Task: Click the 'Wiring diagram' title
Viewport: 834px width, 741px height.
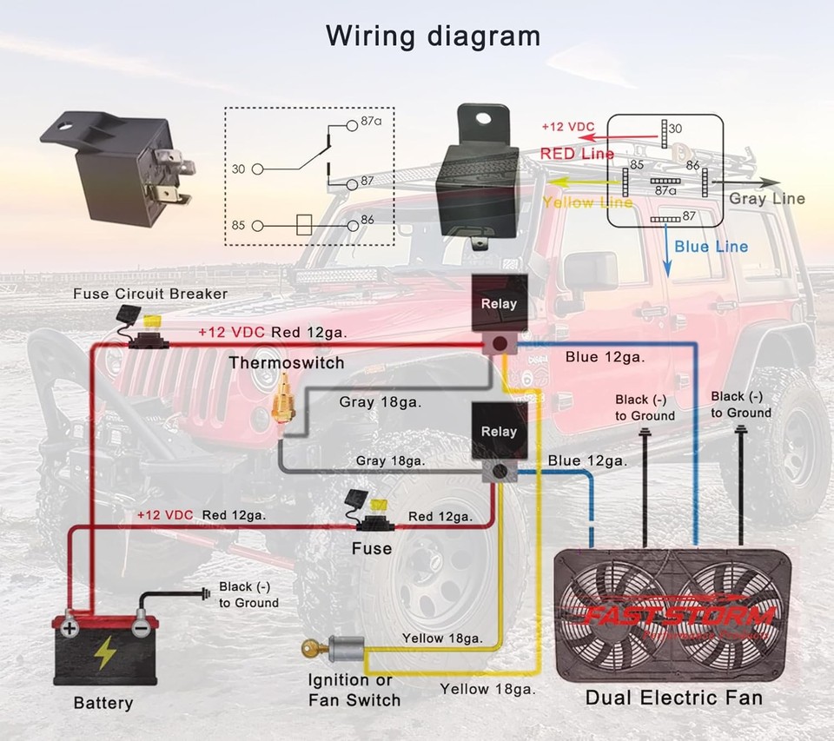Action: [x=433, y=36]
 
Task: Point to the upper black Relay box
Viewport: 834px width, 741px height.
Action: [x=499, y=303]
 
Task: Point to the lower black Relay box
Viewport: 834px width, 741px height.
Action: [x=499, y=431]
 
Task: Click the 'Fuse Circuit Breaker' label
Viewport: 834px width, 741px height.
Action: [x=150, y=294]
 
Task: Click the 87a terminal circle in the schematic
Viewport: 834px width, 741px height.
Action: [x=352, y=124]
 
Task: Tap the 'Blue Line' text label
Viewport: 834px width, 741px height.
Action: [x=711, y=247]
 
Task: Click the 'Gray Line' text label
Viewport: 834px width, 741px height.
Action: [x=766, y=199]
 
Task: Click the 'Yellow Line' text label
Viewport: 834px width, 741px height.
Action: [x=587, y=202]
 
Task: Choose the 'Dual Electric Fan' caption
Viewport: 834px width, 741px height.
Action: [x=673, y=697]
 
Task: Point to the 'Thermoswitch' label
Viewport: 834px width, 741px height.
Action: [x=287, y=362]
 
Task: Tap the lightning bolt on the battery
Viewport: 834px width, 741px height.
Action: [x=106, y=652]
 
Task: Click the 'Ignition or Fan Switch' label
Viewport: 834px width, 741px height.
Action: [x=354, y=690]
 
